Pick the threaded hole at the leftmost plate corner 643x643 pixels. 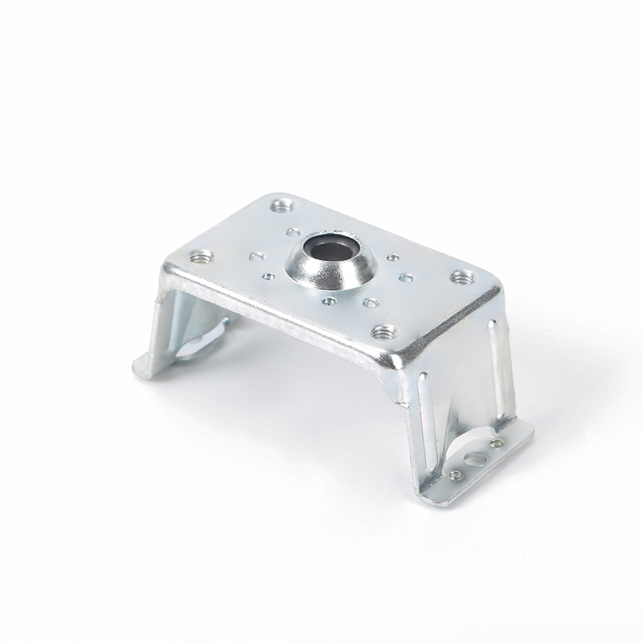coord(200,258)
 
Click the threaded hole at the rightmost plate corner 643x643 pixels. coord(460,277)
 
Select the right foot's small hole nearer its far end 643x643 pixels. coord(497,443)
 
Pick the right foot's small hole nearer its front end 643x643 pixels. coord(455,475)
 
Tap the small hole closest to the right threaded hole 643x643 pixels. coord(407,278)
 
